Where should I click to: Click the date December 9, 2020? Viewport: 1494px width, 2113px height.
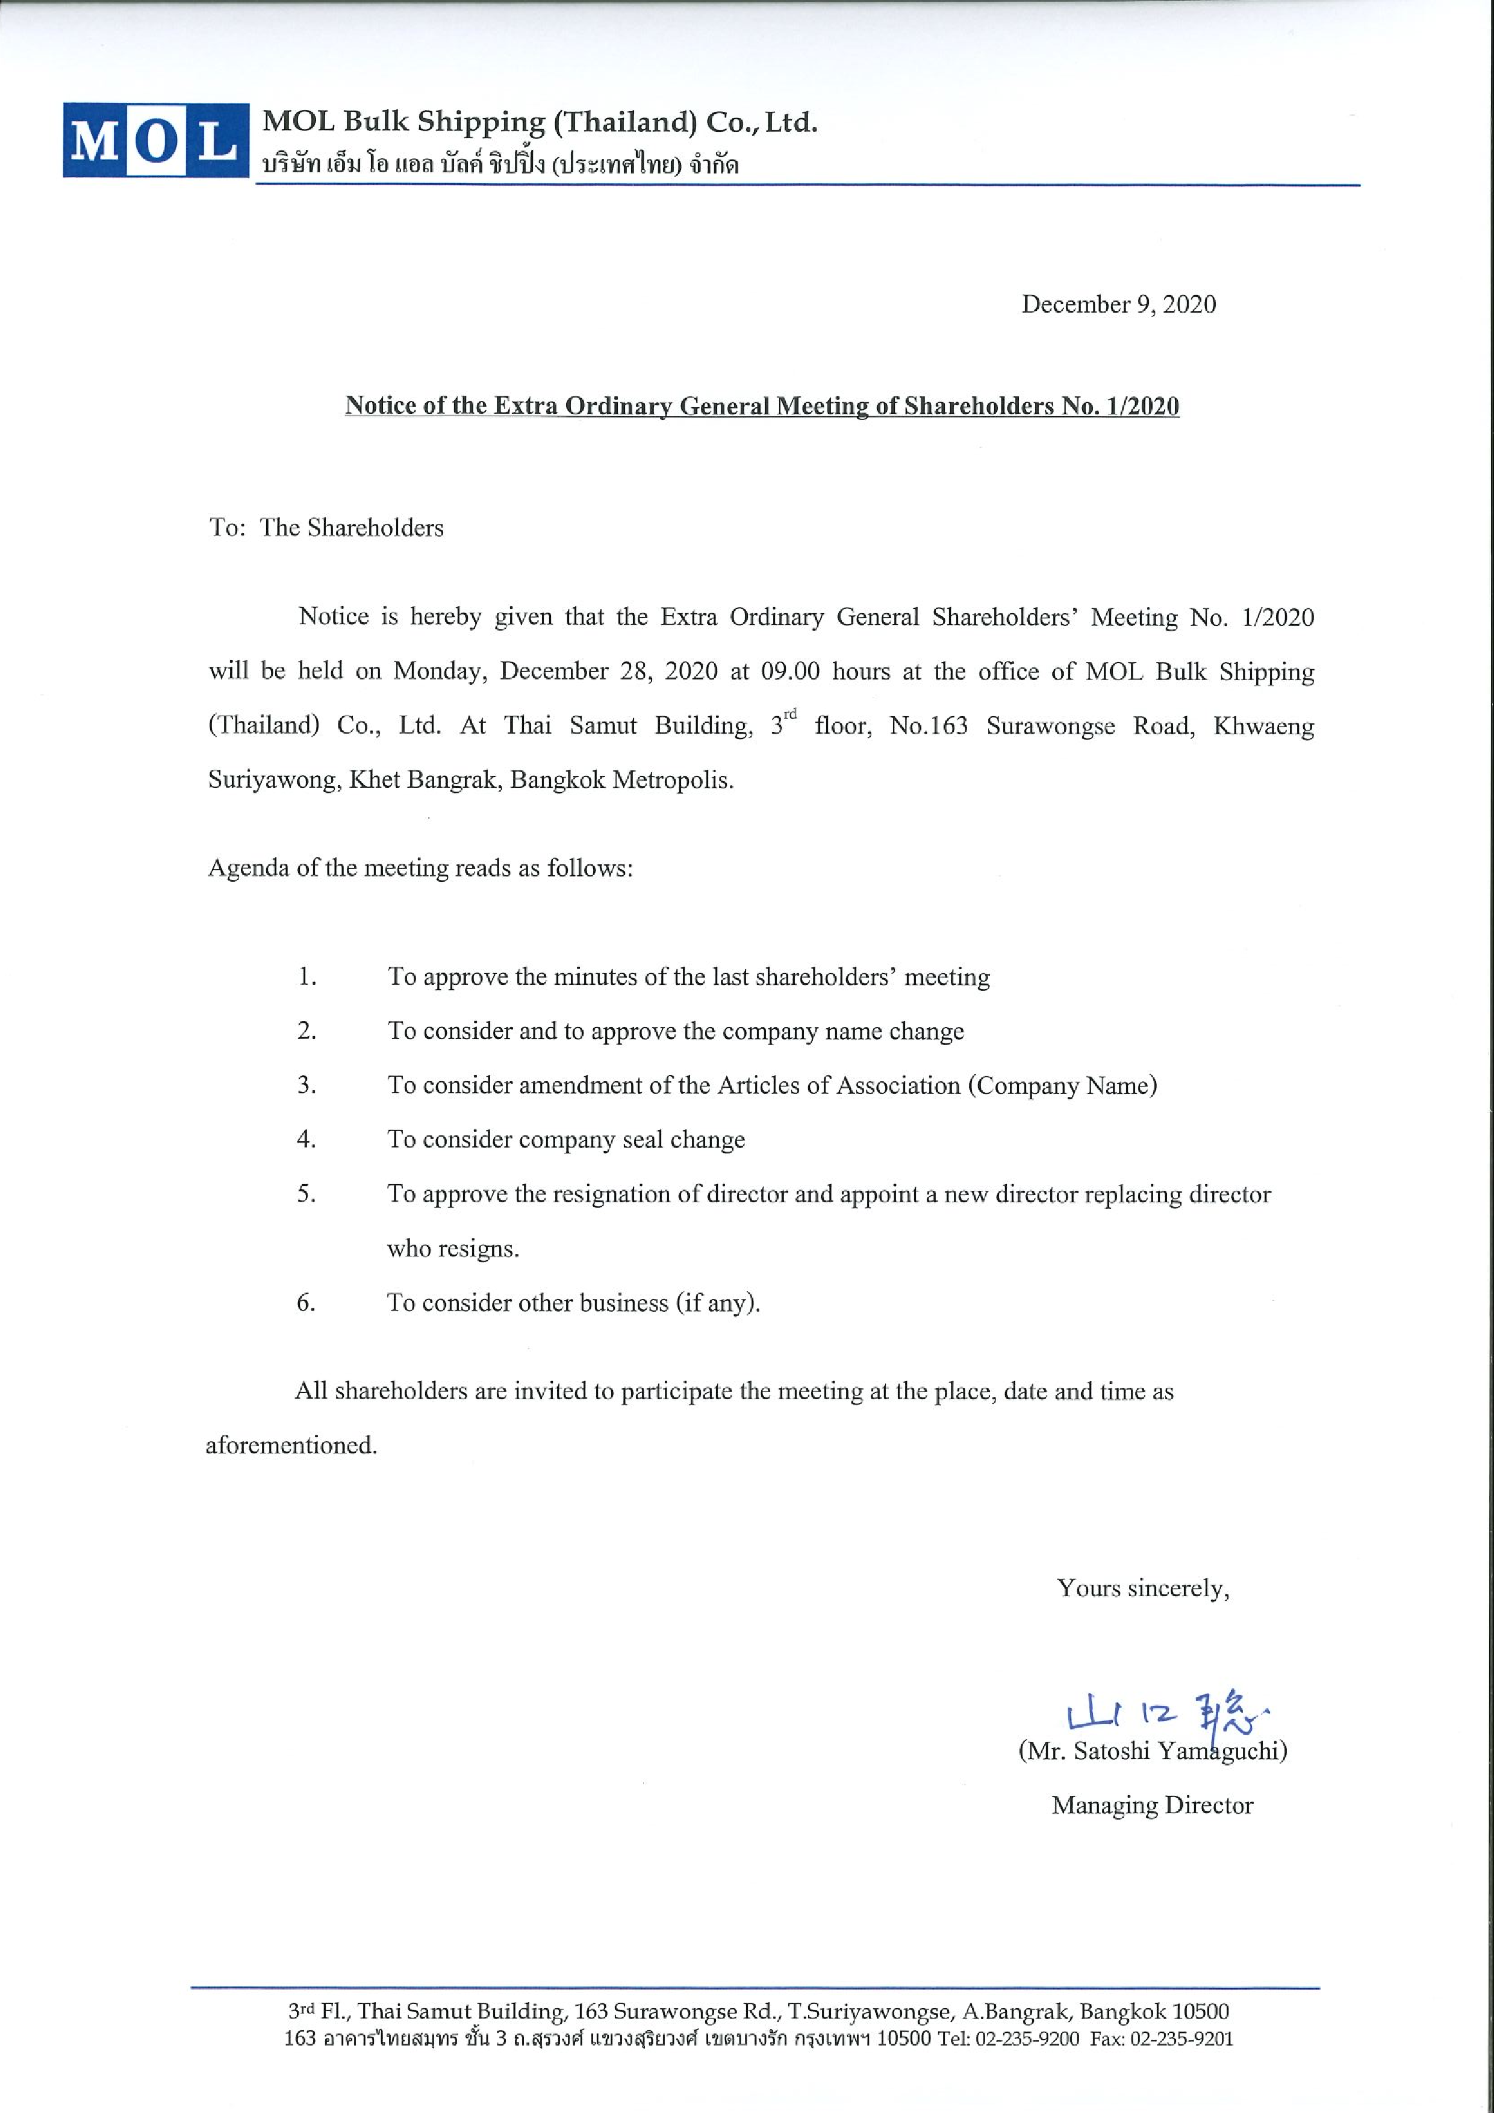1118,305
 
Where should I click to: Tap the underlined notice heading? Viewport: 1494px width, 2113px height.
762,406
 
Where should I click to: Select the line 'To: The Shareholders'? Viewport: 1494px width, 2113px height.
326,528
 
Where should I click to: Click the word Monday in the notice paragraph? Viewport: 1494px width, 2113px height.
436,672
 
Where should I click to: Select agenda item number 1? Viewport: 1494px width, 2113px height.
307,978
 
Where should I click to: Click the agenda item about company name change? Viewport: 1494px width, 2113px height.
675,1032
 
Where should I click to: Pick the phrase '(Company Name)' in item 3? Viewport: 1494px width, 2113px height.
1062,1086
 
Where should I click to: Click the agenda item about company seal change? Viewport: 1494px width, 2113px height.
566,1140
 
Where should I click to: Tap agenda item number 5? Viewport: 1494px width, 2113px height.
307,1194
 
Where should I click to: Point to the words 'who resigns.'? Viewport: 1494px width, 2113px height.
453,1249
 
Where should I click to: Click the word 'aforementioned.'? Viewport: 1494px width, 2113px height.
291,1445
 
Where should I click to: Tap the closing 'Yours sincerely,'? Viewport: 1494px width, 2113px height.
1142,1588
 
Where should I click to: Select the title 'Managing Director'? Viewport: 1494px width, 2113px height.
1152,1806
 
